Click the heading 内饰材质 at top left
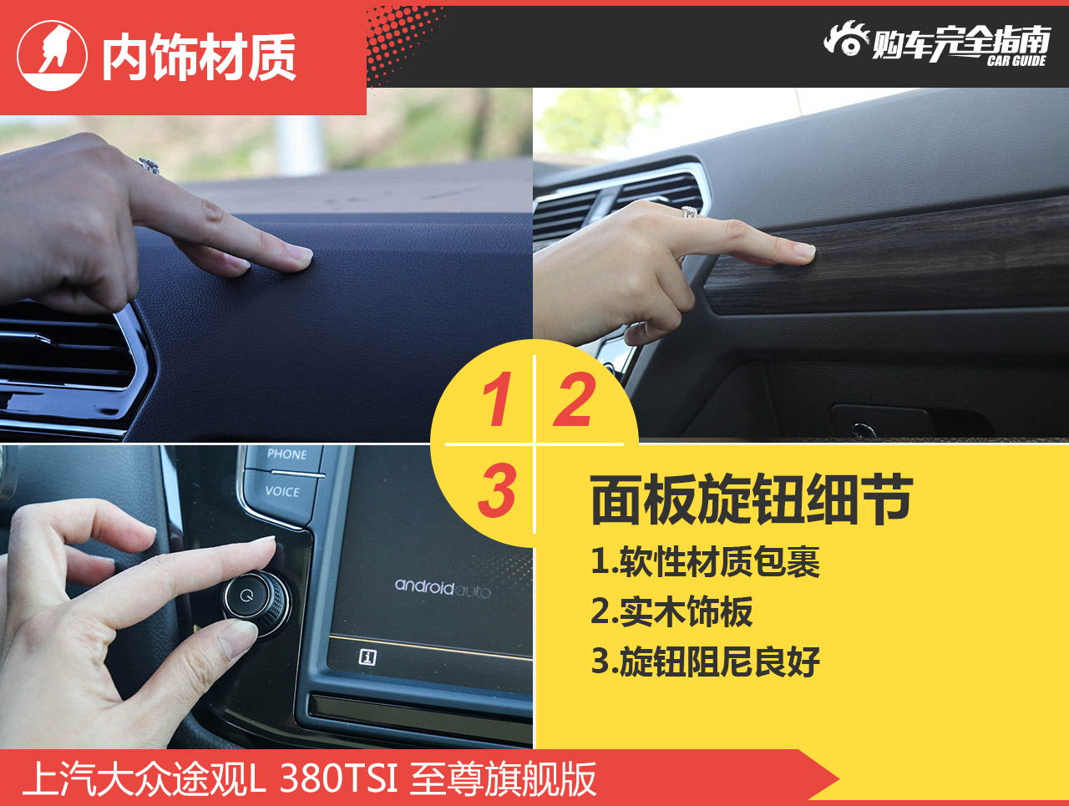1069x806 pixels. (x=199, y=58)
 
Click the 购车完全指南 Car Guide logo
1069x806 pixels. (x=937, y=43)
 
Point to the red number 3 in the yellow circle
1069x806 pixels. (x=498, y=490)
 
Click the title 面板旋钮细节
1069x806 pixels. (x=752, y=500)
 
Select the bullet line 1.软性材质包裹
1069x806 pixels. (x=706, y=562)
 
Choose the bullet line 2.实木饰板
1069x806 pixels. (x=672, y=612)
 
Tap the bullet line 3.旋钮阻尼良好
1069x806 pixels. (x=706, y=662)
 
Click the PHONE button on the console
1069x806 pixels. (x=286, y=455)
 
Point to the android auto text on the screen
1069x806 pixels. (x=443, y=588)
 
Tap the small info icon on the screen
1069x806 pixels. (x=367, y=657)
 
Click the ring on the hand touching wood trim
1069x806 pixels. (x=690, y=212)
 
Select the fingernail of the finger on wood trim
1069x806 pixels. (x=803, y=251)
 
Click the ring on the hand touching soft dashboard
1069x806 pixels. (x=149, y=165)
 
